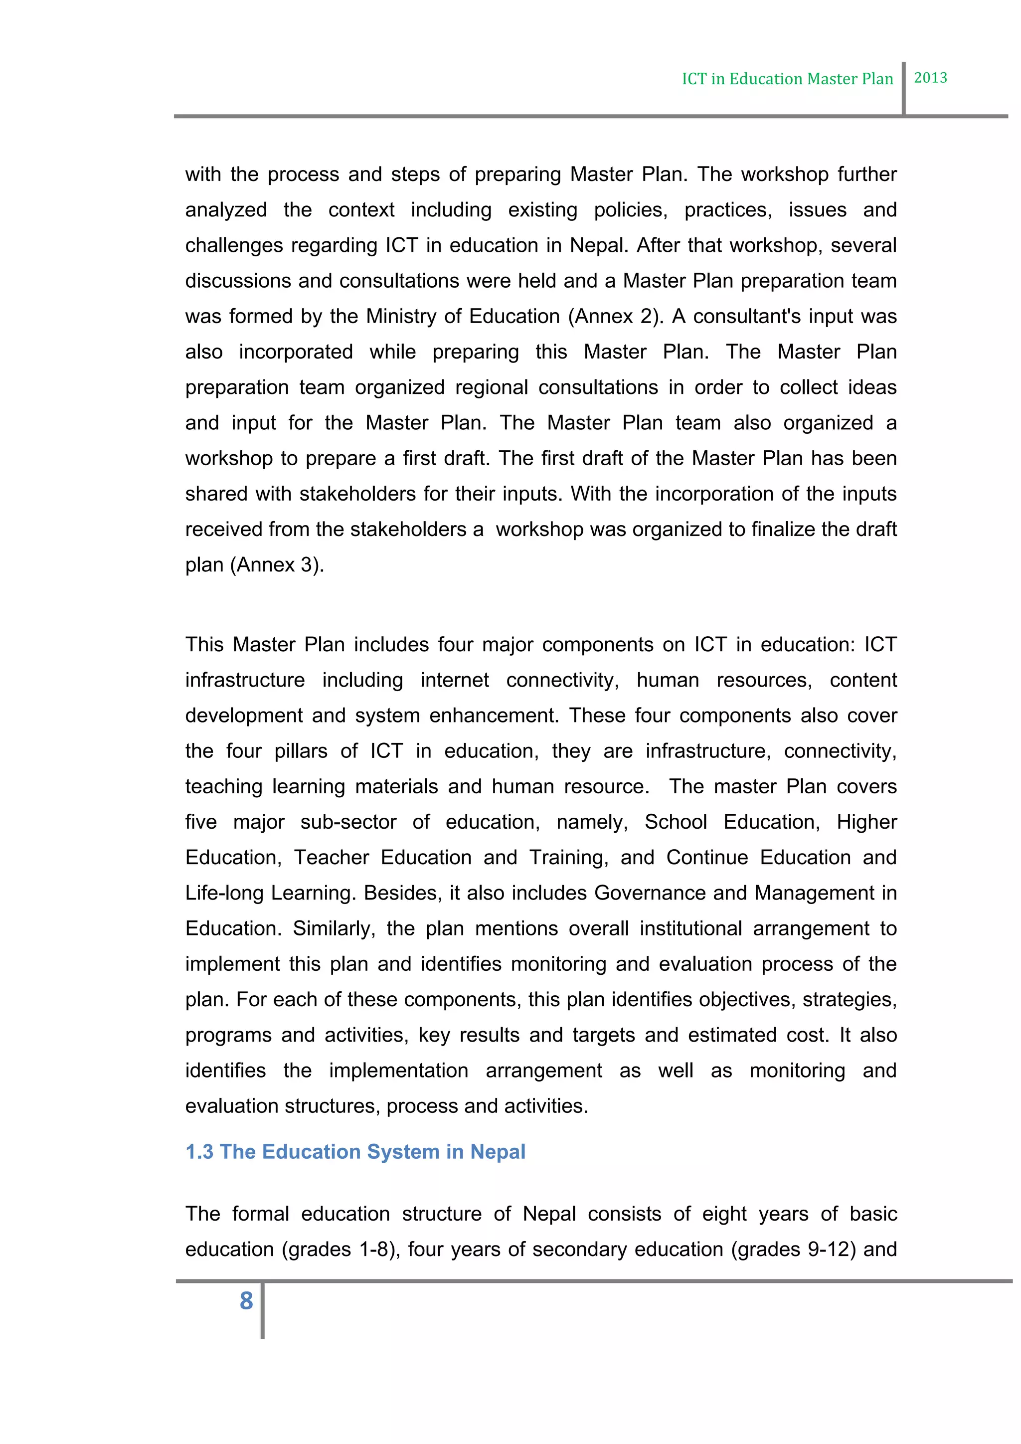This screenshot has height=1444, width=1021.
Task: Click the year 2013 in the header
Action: click(930, 78)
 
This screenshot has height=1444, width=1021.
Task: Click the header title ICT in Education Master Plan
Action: click(787, 79)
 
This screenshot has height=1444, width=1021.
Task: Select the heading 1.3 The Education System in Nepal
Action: click(355, 1151)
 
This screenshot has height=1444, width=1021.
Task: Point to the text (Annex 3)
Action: click(277, 565)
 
